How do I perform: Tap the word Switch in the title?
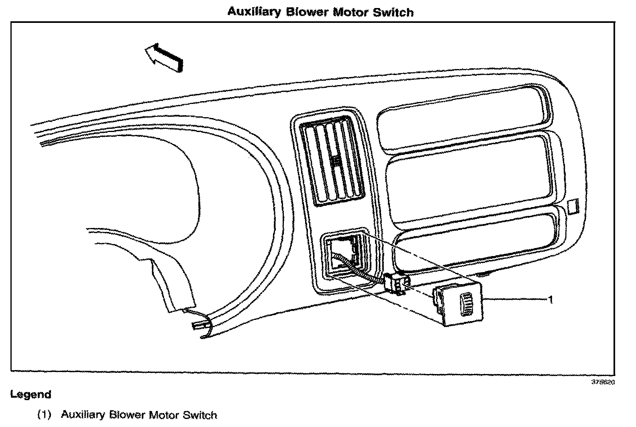click(393, 12)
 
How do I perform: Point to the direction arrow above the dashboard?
click(164, 57)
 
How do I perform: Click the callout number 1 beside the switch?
click(551, 299)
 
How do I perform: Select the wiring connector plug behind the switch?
click(395, 284)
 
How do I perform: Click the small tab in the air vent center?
click(336, 161)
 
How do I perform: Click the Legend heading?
click(31, 394)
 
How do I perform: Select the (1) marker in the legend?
click(44, 415)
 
